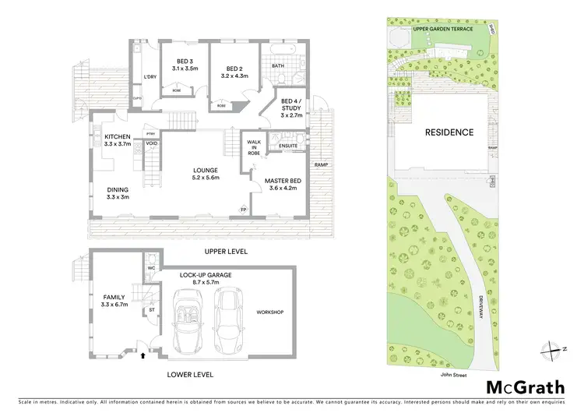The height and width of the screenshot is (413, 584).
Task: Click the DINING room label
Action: [118, 192]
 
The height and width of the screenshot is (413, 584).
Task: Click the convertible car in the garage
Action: [187, 320]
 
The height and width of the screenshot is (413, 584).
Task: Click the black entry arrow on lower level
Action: [142, 358]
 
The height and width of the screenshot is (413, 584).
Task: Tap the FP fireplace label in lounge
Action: [243, 210]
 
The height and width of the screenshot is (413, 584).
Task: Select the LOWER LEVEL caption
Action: [190, 375]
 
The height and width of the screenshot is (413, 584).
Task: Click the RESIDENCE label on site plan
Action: [449, 132]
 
